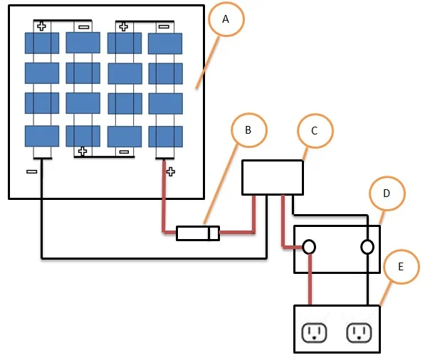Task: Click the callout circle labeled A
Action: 226,3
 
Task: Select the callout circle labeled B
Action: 249,114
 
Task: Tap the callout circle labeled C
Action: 315,115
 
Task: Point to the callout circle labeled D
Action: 387,177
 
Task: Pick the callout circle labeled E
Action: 402,250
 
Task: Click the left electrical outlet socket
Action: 314,333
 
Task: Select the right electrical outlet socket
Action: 359,333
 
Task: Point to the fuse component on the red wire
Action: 198,233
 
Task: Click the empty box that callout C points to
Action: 273,177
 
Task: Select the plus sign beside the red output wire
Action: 170,171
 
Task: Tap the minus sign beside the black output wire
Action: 32,171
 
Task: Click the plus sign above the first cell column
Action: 41,26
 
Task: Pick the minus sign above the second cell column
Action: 83,27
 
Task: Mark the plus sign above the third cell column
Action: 124,26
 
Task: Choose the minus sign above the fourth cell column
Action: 164,26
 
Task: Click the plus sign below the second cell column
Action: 83,151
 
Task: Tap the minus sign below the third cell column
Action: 124,152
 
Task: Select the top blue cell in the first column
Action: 42,43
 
